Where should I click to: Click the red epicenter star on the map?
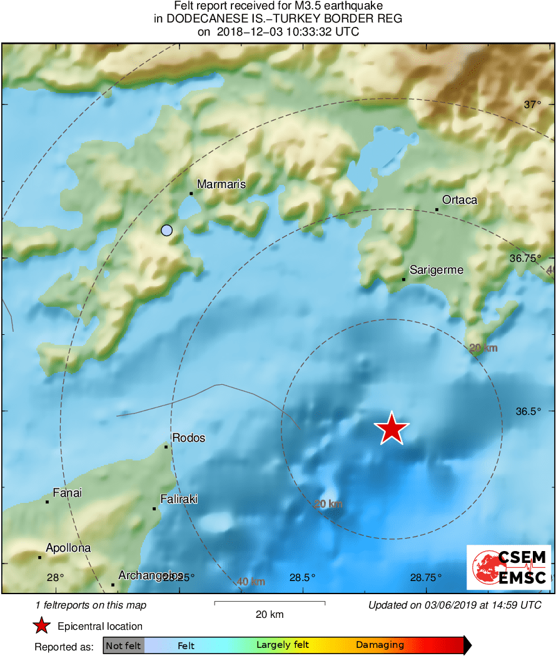(392, 429)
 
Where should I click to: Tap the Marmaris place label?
(221, 184)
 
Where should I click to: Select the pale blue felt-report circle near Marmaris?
(166, 230)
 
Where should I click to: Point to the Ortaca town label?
(459, 200)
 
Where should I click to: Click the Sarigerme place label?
(436, 270)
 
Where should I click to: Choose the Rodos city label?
(188, 438)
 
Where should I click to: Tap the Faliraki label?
(179, 499)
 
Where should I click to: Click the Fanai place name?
(67, 493)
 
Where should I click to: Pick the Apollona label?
(68, 548)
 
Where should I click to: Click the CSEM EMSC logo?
(508, 567)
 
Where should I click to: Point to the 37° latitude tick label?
(532, 104)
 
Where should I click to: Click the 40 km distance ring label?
(250, 582)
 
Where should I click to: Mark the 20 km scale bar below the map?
(270, 603)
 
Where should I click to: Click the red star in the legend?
(42, 626)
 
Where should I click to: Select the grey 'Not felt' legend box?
(123, 645)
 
